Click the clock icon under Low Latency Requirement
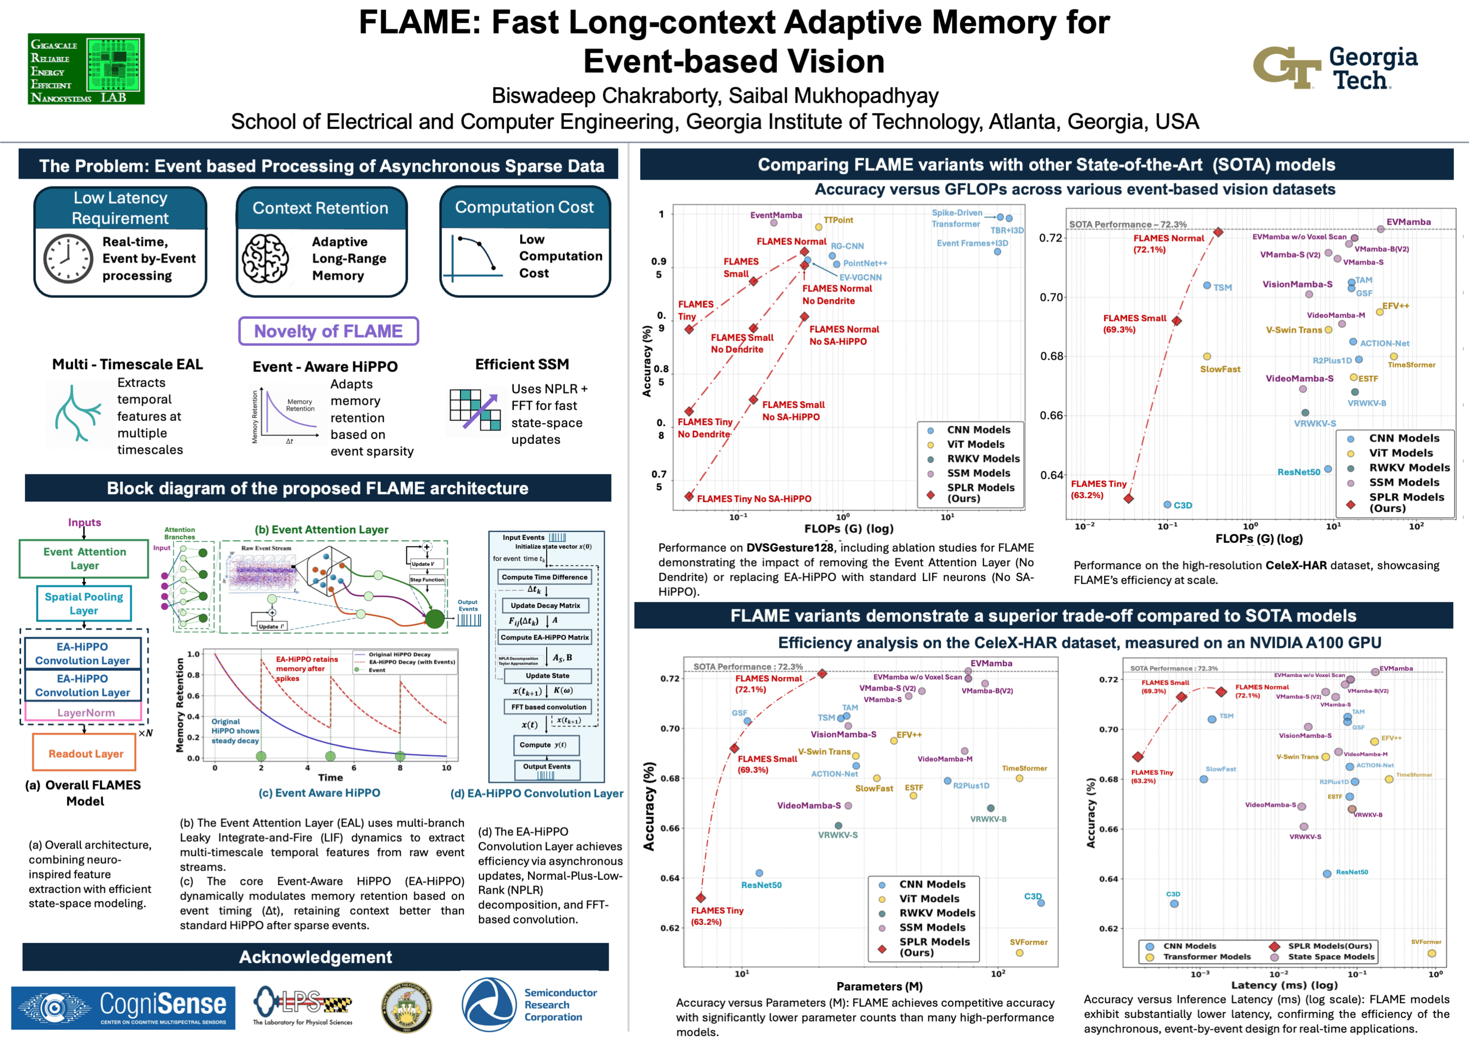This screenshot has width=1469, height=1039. coord(68,258)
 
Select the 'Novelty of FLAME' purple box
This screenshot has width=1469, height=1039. coord(328,332)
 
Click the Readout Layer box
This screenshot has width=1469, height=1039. coord(85,754)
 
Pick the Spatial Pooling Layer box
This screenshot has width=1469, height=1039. coord(84,603)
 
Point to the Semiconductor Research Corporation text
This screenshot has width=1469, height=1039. coord(561,1004)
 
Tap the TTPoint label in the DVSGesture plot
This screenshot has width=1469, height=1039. coord(838,220)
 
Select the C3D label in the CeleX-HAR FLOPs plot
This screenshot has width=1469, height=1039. coord(1182,505)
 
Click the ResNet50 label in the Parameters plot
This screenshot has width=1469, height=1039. coord(761,885)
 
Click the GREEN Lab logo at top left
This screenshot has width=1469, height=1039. coord(86,69)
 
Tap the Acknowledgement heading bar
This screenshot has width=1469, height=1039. coord(315,957)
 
